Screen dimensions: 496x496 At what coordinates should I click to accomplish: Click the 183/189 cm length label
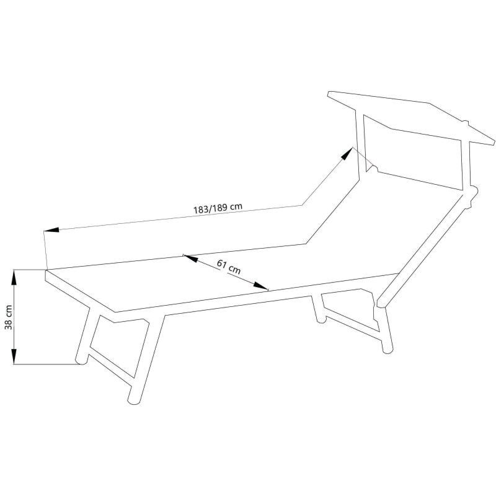[x=218, y=208]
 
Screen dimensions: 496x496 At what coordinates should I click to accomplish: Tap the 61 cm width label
[x=229, y=267]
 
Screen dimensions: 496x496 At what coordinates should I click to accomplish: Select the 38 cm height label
[x=9, y=317]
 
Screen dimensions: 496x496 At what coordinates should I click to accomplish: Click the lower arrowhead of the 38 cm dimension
[x=14, y=355]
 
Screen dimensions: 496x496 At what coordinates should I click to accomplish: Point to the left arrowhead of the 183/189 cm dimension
[x=51, y=229]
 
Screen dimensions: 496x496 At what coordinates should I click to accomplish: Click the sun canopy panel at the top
[x=411, y=117]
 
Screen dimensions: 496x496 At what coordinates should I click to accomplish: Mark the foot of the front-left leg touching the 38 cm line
[x=81, y=361]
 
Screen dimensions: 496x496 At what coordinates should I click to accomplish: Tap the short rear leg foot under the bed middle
[x=321, y=319]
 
